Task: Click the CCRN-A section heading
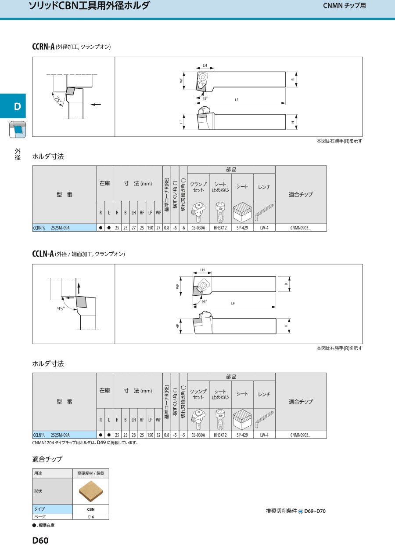[43, 47]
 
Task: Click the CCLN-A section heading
[43, 254]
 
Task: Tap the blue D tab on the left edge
[13, 106]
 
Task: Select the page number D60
[40, 540]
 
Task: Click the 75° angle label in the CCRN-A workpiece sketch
[58, 100]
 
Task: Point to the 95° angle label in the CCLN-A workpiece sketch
[61, 309]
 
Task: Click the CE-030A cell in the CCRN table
[198, 228]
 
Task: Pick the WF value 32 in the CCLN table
[158, 435]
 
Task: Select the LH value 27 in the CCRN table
[133, 228]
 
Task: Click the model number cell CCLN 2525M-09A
[64, 435]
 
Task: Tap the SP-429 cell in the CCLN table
[242, 435]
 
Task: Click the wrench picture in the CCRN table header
[264, 212]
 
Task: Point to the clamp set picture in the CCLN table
[198, 420]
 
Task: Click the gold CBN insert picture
[91, 491]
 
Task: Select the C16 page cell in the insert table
[91, 517]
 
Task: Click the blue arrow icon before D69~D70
[301, 512]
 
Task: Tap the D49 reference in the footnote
[101, 443]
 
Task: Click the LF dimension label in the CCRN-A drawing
[237, 100]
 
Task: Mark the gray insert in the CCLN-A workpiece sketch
[82, 302]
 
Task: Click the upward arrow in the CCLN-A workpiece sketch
[79, 288]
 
